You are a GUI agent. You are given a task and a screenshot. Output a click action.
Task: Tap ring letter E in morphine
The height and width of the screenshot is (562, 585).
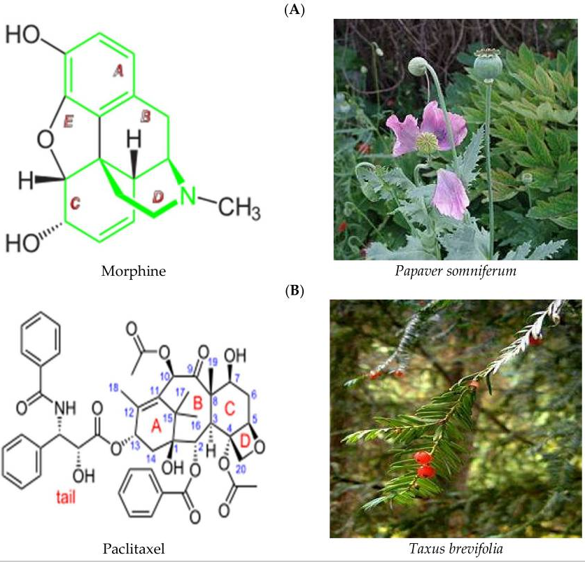(x=68, y=122)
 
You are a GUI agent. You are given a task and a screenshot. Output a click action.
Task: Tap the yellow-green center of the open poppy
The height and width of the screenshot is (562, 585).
(x=427, y=142)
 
